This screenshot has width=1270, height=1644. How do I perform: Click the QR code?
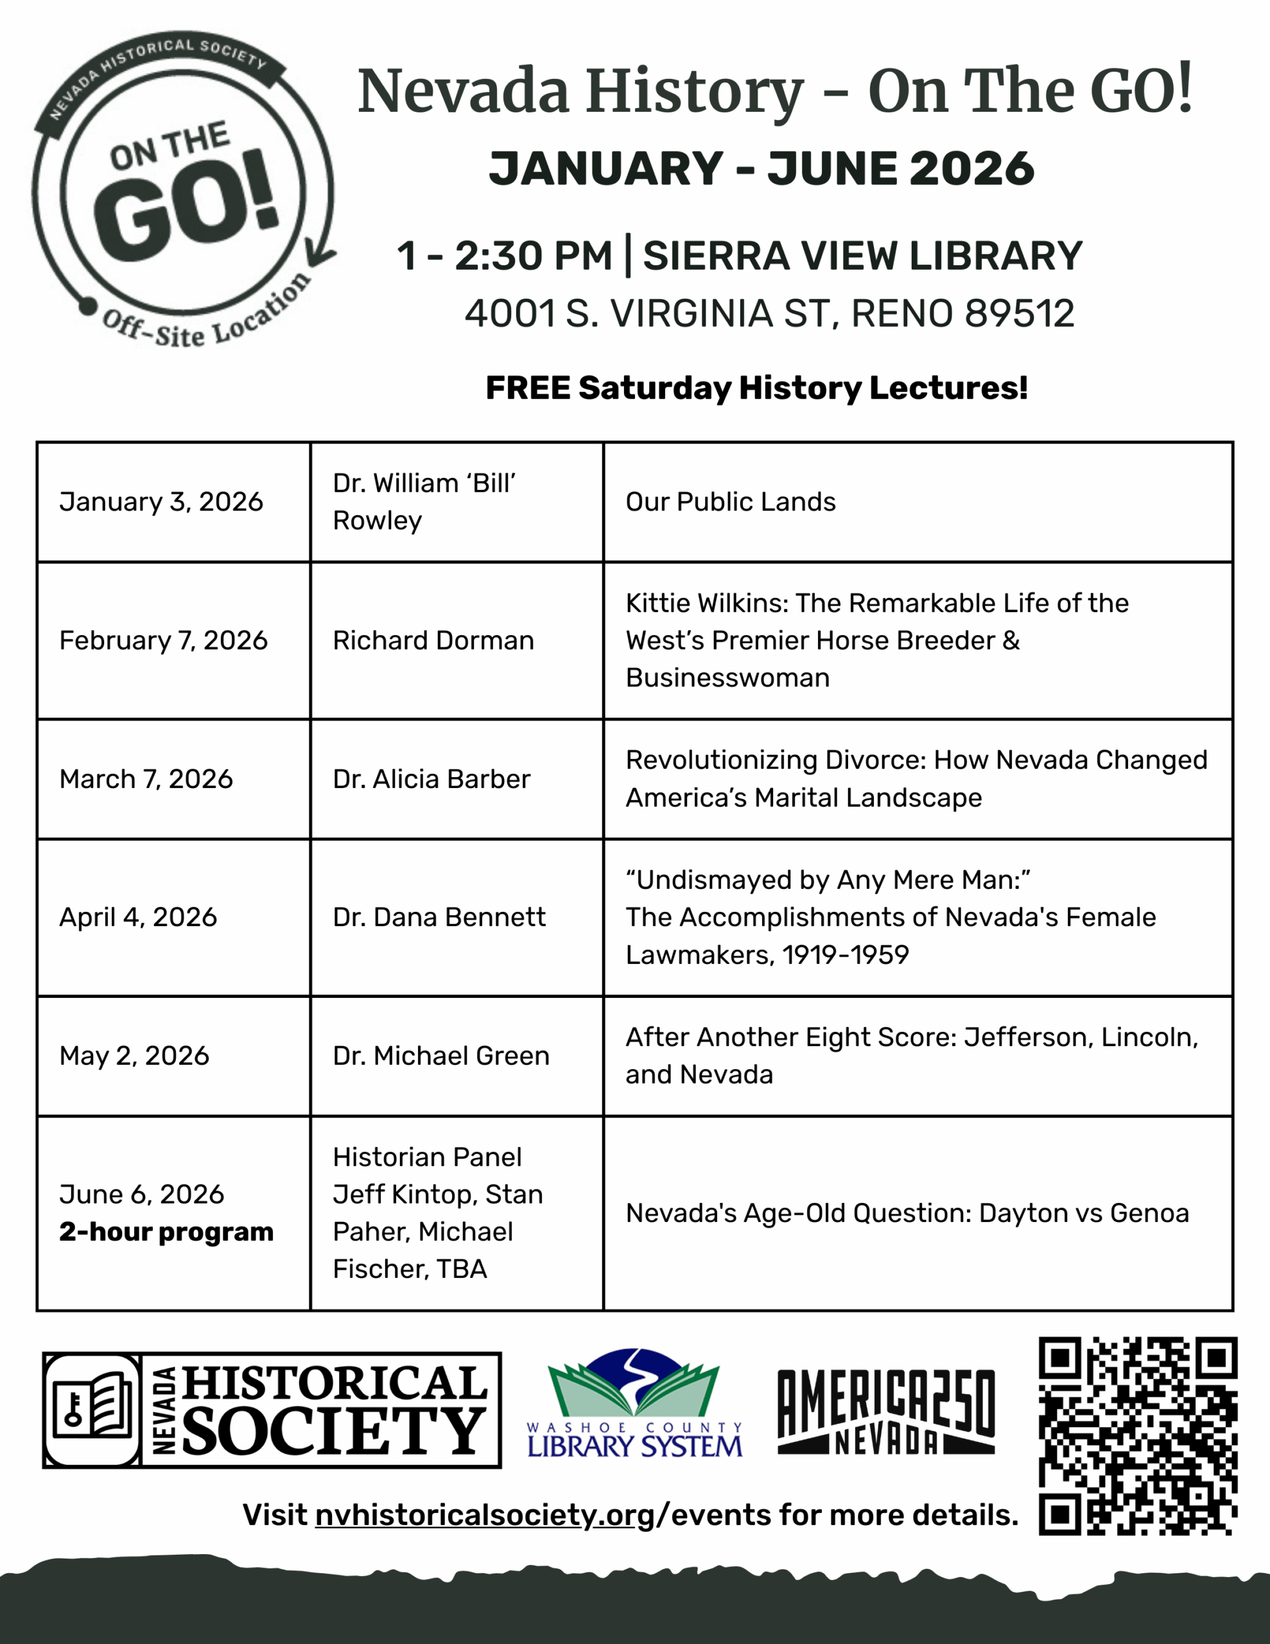tap(1138, 1435)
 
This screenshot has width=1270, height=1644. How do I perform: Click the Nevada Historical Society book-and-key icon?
tap(92, 1409)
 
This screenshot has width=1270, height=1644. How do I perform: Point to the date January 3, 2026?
tap(161, 502)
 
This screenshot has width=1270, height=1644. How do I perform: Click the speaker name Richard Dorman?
tap(433, 641)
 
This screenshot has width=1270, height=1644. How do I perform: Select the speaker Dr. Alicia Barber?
tap(431, 779)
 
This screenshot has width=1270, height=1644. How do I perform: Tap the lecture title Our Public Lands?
tap(730, 502)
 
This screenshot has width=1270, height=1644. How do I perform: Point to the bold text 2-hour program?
tap(166, 1232)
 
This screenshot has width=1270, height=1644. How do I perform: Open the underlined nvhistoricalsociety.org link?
tap(485, 1514)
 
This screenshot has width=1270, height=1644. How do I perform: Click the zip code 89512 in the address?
tap(1020, 314)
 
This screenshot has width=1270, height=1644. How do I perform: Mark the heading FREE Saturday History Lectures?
tap(756, 389)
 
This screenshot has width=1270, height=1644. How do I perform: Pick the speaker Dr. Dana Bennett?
tap(439, 918)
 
